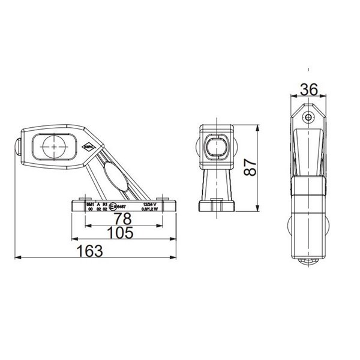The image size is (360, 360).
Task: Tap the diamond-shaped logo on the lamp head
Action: (x=89, y=145)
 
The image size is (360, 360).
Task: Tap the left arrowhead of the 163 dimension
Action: (x=17, y=259)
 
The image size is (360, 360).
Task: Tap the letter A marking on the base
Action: (x=98, y=205)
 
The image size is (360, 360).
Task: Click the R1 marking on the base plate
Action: (x=105, y=205)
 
